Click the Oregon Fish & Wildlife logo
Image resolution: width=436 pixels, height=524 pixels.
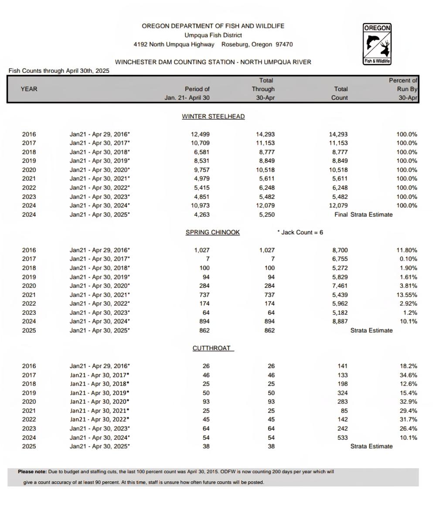point(377,44)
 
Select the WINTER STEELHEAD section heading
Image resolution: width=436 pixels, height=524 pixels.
point(213,117)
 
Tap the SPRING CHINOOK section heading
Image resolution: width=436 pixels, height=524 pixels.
point(213,232)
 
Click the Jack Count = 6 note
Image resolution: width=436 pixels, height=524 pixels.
point(300,232)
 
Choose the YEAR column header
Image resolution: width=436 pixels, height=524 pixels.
point(29,89)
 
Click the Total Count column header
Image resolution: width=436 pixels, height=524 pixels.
point(340,93)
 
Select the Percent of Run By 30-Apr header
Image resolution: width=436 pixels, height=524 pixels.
point(403,89)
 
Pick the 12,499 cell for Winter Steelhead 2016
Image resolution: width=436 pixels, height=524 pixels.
point(200,134)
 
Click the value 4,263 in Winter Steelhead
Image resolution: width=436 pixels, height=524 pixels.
point(200,214)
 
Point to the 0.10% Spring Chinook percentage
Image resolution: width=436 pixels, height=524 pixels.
point(408,259)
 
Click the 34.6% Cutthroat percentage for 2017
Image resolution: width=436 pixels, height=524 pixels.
point(408,375)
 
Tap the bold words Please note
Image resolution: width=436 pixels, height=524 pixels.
point(32,472)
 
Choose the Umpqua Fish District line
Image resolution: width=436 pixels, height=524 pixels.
point(213,35)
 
